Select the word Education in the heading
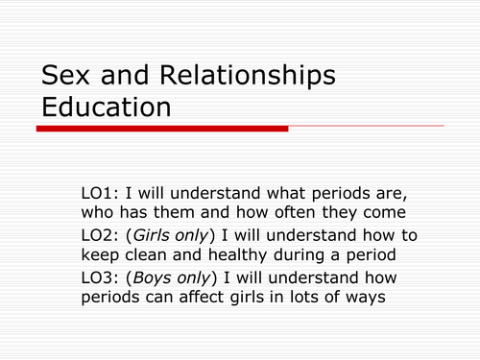coord(106,107)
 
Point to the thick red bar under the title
coord(162,128)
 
